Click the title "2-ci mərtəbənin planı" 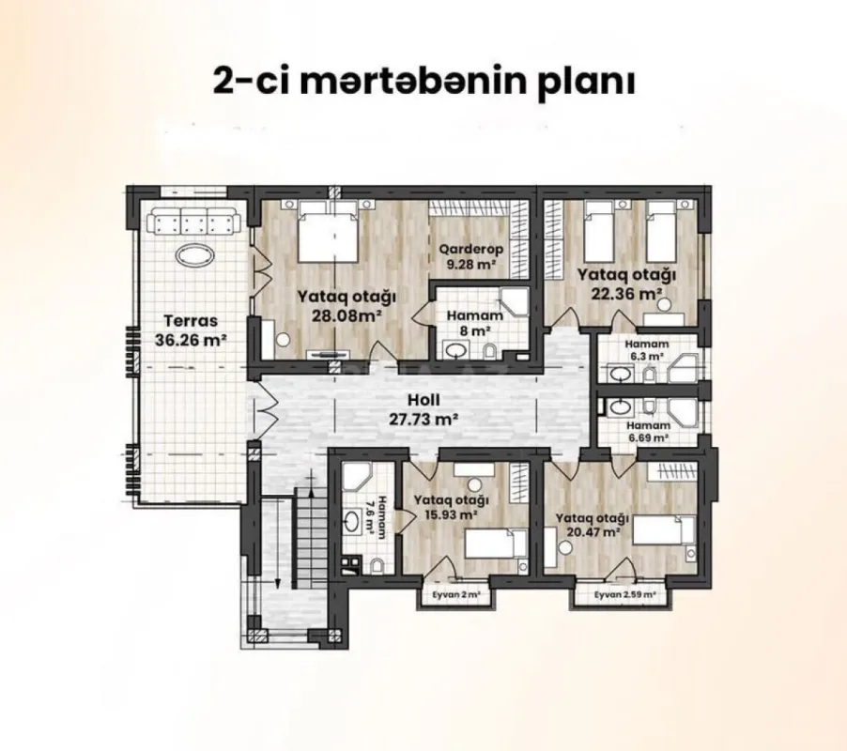pos(424,81)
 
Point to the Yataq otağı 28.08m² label pos(346,305)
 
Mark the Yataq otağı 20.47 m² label pos(590,524)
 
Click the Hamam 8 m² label pos(473,324)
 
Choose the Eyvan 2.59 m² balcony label pos(624,595)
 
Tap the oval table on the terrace pos(195,257)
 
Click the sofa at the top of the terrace pos(198,223)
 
